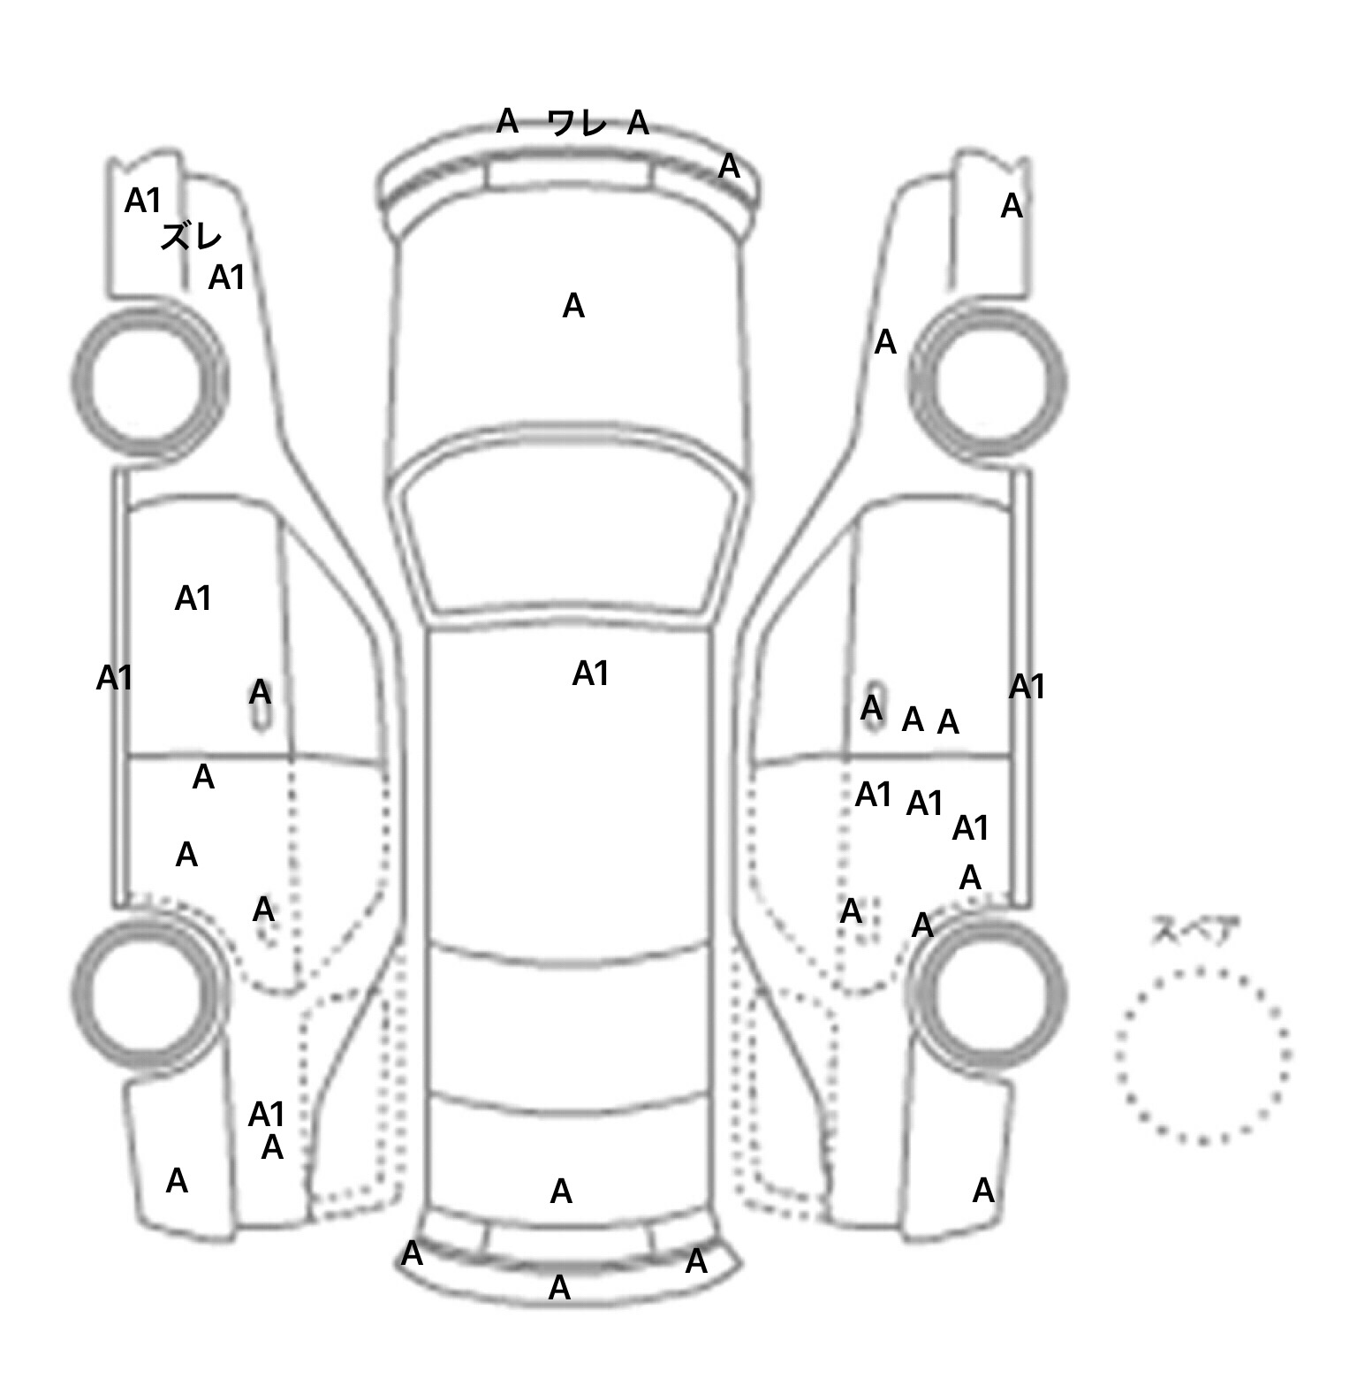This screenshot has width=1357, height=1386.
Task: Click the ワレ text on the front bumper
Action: pyautogui.click(x=578, y=122)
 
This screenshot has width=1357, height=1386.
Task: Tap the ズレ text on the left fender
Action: pyautogui.click(x=191, y=236)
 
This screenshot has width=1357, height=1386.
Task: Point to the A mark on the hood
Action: pyautogui.click(x=573, y=306)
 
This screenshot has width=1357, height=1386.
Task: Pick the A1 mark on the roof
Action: pyautogui.click(x=591, y=674)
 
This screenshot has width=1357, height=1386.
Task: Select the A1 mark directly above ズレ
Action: pyautogui.click(x=143, y=201)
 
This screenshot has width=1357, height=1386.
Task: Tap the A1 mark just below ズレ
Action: pyautogui.click(x=226, y=278)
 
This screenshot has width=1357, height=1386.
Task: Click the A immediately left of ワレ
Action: pyautogui.click(x=507, y=120)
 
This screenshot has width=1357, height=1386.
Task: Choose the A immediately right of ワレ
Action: pyautogui.click(x=638, y=123)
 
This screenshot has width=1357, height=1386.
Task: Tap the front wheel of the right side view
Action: pyautogui.click(x=988, y=382)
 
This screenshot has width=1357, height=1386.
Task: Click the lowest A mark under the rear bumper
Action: pyautogui.click(x=559, y=1288)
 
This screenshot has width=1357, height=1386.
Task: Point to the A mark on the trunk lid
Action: pyautogui.click(x=561, y=1192)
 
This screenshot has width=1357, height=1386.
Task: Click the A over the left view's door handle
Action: pyautogui.click(x=260, y=692)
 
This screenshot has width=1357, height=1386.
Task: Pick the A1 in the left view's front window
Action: pyautogui.click(x=193, y=598)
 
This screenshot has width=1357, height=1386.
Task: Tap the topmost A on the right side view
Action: pyautogui.click(x=1012, y=206)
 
